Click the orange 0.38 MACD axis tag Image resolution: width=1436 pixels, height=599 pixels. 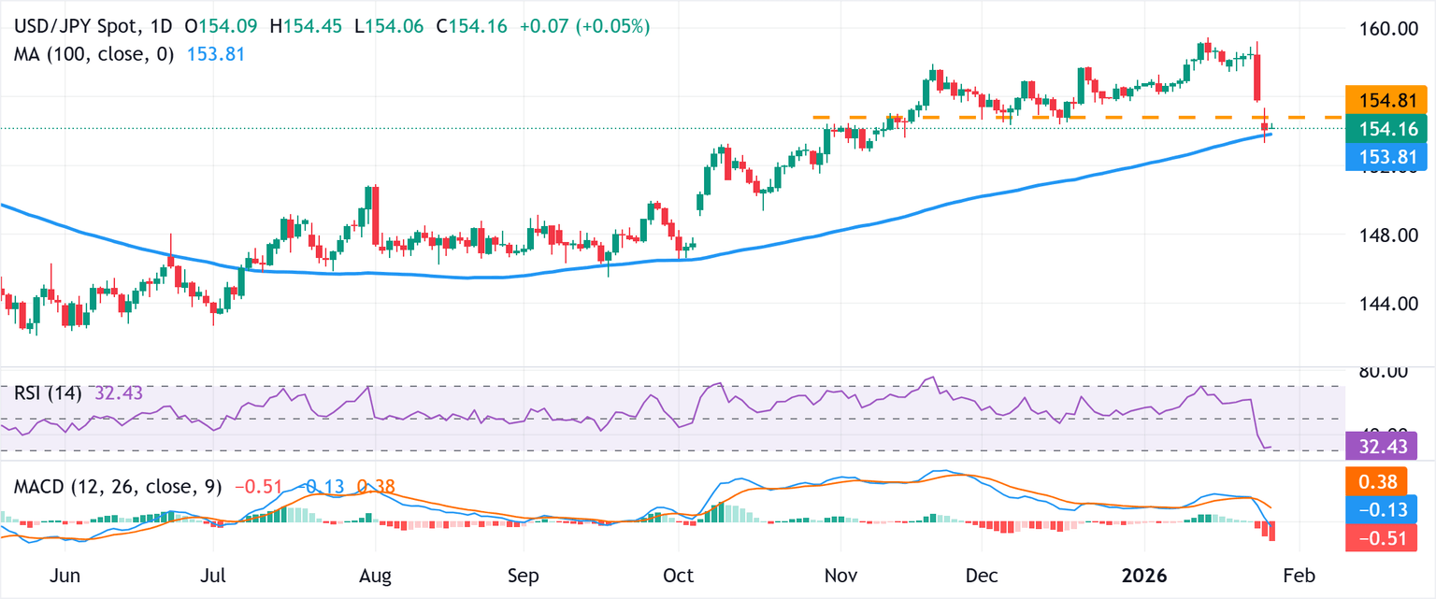(x=1374, y=481)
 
